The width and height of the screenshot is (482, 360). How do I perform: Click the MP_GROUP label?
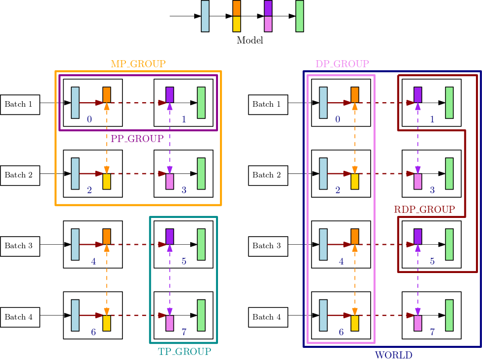[138, 64]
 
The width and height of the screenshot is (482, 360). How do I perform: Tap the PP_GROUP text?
[137, 139]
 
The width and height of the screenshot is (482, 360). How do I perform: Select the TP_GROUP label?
[184, 351]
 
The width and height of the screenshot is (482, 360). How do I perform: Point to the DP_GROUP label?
[342, 64]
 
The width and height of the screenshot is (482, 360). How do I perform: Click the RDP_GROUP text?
[424, 209]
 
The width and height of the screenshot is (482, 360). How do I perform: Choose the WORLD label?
[393, 355]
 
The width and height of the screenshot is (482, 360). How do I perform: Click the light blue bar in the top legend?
[205, 16]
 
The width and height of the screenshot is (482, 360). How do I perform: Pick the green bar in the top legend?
[299, 16]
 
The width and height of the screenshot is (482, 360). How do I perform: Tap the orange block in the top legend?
[237, 9]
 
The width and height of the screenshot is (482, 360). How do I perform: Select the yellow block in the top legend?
[237, 24]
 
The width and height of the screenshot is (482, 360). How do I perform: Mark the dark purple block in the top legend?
[268, 9]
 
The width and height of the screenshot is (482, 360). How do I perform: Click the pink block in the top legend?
[268, 24]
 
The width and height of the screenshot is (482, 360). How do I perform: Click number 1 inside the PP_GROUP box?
[184, 120]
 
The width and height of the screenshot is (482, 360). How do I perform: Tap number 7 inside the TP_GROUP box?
[184, 332]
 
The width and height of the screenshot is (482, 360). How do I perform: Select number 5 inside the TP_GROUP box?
[184, 261]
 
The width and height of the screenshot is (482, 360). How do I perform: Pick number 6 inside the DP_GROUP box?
[341, 332]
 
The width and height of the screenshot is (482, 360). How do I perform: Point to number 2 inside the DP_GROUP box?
[337, 191]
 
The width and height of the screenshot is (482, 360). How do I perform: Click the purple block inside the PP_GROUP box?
[170, 95]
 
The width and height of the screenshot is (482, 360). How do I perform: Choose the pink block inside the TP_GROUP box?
[170, 323]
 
